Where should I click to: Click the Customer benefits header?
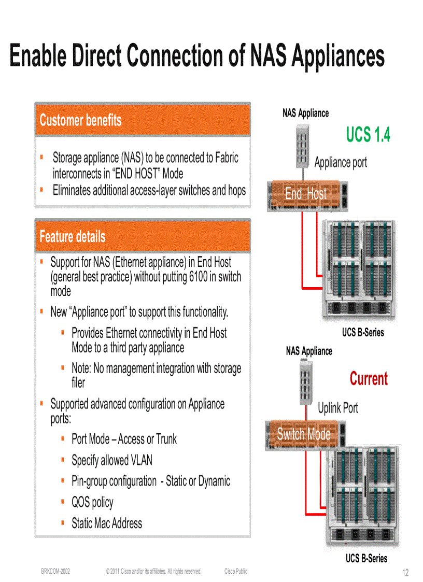pos(80,120)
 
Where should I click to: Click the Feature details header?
pos(73,237)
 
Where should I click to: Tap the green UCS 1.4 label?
pos(368,135)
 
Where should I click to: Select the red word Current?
pos(369,379)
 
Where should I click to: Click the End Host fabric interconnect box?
pos(306,194)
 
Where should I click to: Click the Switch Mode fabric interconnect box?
pos(304,434)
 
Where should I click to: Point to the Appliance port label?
pos(341,162)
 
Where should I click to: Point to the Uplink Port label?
pos(338,408)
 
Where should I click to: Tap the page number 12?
pos(405,573)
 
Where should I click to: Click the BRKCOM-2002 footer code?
pos(55,571)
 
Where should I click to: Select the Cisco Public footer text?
pos(236,571)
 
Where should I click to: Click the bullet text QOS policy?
pos(92,502)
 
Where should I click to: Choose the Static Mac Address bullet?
pos(107,523)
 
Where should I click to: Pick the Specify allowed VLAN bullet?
pos(112,460)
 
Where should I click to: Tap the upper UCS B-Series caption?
pos(363,333)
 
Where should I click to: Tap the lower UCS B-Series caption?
pos(366,558)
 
